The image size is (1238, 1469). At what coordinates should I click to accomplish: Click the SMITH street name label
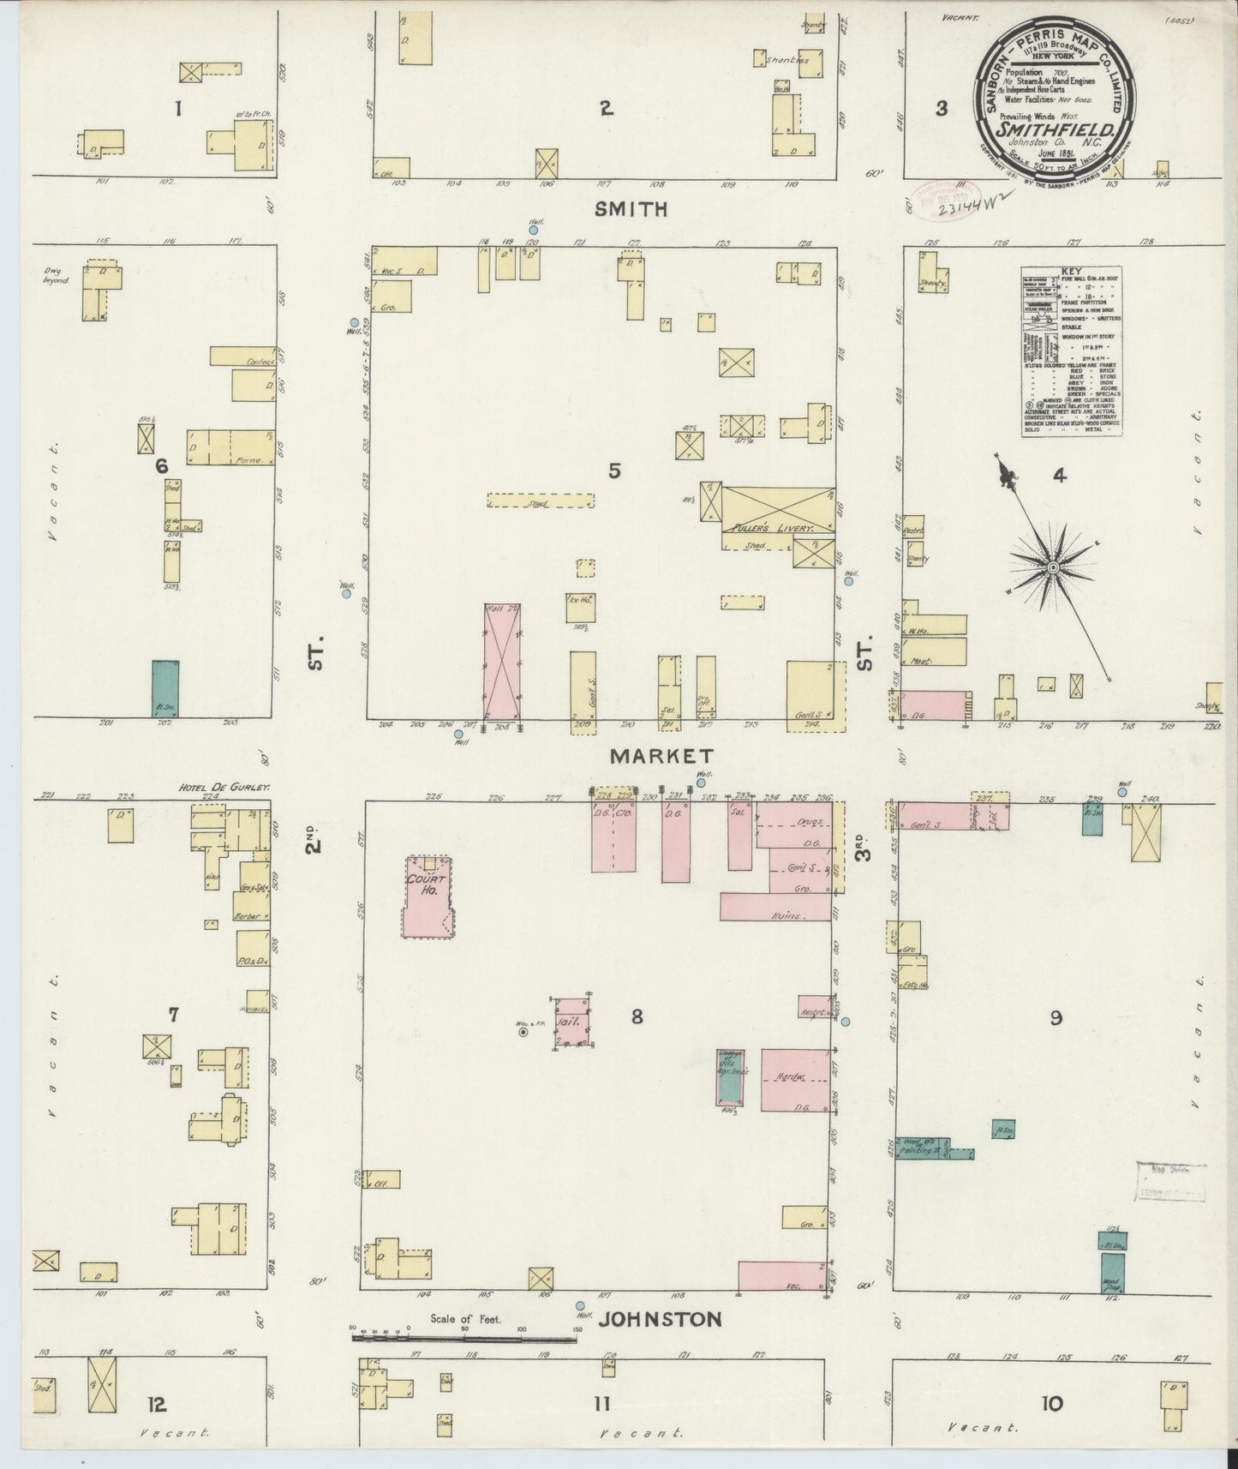[629, 208]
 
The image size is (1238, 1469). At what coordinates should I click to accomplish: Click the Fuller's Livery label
[768, 530]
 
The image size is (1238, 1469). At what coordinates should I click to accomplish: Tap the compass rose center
[1051, 567]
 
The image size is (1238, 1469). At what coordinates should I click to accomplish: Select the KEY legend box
[1072, 351]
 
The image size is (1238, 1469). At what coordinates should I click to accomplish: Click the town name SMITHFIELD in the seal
[1055, 129]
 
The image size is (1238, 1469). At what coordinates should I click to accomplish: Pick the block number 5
[614, 470]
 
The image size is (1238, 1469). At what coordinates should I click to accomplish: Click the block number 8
[637, 1017]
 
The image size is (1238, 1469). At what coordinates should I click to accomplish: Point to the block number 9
[1056, 1017]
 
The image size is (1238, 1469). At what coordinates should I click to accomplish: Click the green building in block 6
[165, 687]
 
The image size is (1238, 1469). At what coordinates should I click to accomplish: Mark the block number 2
[606, 108]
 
